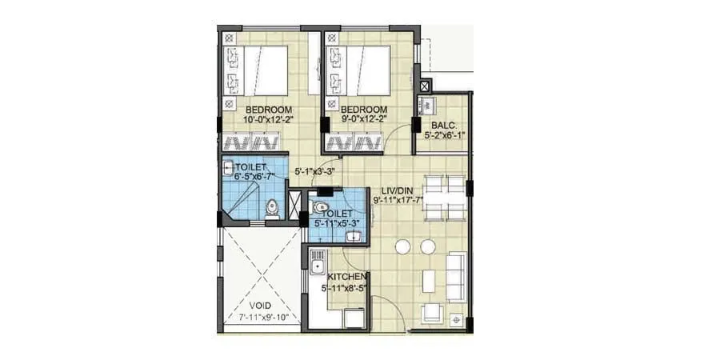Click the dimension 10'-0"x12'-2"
(x=268, y=119)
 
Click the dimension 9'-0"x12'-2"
(x=363, y=119)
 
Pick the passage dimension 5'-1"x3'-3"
(x=314, y=171)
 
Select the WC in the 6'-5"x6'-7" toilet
(x=272, y=206)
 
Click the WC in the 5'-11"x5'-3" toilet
(x=321, y=206)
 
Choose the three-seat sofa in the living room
(x=456, y=276)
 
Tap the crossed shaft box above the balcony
(x=426, y=86)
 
